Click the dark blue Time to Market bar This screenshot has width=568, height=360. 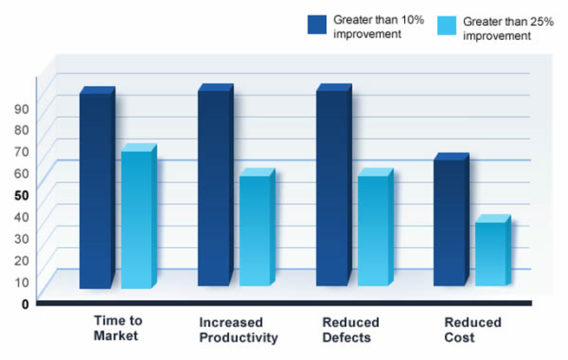coord(97,187)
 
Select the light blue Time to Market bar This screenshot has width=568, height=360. coord(139,216)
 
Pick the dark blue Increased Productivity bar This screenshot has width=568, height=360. coord(216,185)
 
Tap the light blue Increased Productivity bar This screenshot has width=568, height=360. coord(258,227)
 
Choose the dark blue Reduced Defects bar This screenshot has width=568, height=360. coord(334,185)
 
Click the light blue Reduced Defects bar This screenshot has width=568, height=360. coord(375,227)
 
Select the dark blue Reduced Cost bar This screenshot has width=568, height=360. coord(451,219)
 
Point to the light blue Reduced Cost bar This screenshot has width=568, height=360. coord(493,250)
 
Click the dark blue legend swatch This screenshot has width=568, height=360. coord(317,24)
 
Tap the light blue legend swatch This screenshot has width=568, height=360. coord(447,26)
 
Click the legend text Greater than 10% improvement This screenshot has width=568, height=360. coord(379,27)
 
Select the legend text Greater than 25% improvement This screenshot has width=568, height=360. coord(508,29)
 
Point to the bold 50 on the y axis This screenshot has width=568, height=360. coord(22,195)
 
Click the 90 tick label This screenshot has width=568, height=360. coord(22,108)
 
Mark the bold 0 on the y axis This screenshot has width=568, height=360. coord(25,304)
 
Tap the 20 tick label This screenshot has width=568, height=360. coord(22,260)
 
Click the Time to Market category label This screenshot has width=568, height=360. coord(118,328)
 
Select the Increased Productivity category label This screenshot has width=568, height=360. coord(238,330)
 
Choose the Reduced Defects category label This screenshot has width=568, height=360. coord(350,330)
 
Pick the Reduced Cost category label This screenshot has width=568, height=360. coord(473,330)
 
